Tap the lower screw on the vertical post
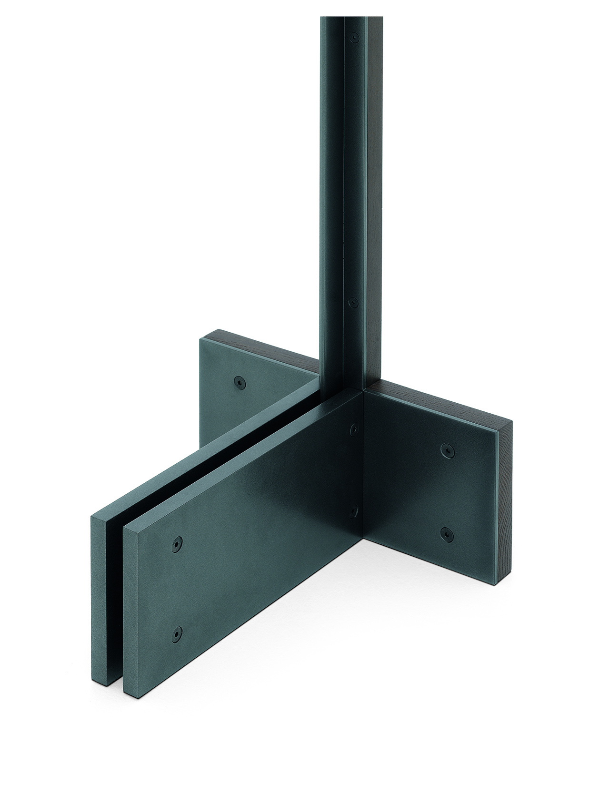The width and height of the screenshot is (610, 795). point(353,302)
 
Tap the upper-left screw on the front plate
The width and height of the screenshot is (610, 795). point(177,543)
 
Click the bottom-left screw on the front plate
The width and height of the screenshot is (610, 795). point(177,632)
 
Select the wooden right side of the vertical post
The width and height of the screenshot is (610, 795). point(377,191)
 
